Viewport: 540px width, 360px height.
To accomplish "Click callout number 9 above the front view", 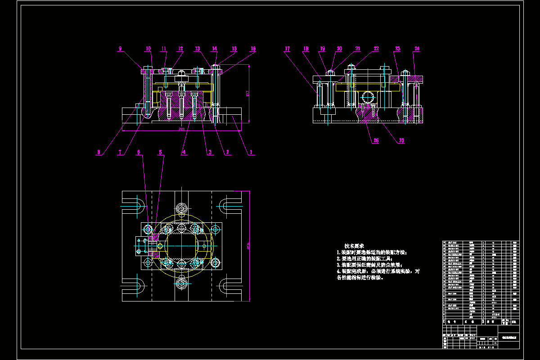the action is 120,49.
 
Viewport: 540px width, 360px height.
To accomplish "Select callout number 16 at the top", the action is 253,49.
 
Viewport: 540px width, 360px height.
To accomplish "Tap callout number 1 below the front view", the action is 251,152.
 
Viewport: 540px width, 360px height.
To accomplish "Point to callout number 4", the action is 184,152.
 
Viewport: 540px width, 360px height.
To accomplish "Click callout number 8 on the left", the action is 99,152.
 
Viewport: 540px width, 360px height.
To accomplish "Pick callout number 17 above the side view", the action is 287,49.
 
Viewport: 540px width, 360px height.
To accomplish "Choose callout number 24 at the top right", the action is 417,49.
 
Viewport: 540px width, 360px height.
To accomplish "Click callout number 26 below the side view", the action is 376,140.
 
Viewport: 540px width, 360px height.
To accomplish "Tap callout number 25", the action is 401,140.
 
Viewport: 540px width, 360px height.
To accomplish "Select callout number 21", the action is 358,49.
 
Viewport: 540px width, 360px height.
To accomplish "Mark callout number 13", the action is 198,49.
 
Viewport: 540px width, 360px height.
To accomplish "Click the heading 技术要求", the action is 355,246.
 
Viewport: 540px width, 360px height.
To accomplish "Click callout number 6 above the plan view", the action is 139,152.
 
